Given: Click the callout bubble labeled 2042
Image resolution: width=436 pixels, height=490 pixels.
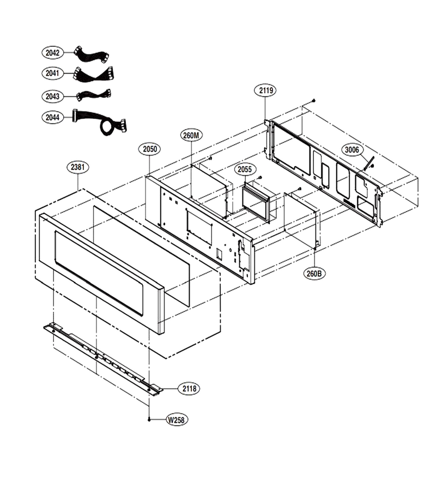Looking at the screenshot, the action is coord(52,52).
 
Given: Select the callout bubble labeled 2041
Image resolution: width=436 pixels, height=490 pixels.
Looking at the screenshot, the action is coord(52,73).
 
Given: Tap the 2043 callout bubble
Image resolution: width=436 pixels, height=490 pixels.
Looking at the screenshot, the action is coord(52,96).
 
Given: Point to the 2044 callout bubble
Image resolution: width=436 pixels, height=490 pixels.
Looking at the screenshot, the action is coord(52,118).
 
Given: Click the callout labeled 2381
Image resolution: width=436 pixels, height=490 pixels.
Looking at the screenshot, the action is coord(77,167).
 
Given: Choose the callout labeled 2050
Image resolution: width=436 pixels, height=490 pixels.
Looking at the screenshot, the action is coord(150,149).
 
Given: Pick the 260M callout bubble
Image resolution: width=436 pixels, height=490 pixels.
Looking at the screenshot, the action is coord(191,136).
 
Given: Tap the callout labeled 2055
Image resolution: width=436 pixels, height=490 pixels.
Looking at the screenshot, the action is coord(245,169).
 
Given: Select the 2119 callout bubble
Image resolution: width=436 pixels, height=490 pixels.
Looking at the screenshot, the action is coord(265,90).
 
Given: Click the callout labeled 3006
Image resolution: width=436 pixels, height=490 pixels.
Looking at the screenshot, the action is coord(352,150).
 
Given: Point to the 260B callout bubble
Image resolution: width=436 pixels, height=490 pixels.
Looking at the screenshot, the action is coord(314,274).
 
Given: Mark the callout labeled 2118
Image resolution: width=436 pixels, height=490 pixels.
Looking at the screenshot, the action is coord(190,388).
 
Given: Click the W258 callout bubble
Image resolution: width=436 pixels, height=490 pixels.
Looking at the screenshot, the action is coord(177,420).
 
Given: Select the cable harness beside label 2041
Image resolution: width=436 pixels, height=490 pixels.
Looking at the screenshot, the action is coord(93,75).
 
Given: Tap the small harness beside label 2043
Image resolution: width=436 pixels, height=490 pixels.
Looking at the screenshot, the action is coord(94,95).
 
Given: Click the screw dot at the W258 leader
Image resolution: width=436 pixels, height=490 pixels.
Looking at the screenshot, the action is coord(149,420).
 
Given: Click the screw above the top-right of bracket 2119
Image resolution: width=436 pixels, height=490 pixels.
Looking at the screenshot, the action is coord(314,100).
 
